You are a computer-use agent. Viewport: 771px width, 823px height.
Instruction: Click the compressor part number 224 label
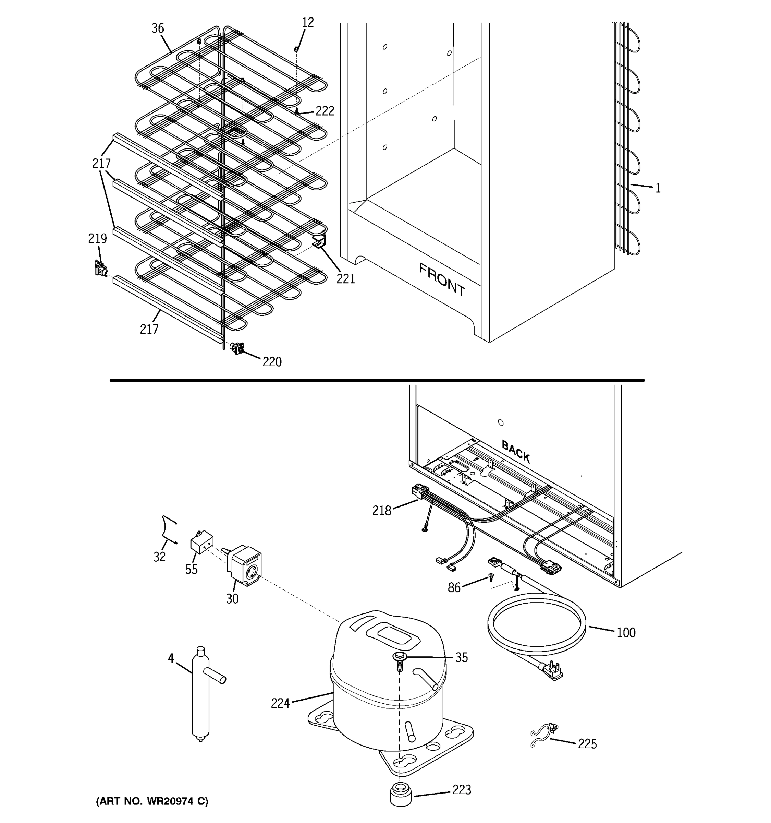[280, 703]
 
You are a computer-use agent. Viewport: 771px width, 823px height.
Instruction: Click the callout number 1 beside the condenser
[658, 188]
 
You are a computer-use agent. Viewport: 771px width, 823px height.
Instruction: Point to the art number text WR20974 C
[152, 801]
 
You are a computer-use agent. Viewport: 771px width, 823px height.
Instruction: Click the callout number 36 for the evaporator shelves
[158, 28]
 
